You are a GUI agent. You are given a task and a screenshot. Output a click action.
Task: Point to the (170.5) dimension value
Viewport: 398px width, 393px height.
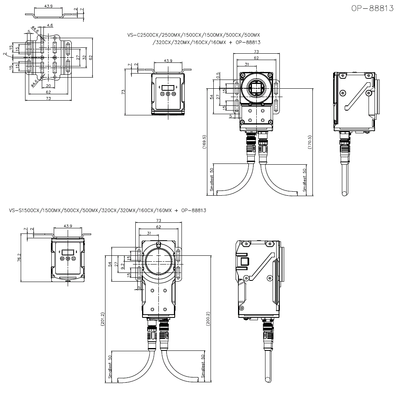[x=310, y=141]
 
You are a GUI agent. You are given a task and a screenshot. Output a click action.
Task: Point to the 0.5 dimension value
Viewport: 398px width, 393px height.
[x=218, y=76]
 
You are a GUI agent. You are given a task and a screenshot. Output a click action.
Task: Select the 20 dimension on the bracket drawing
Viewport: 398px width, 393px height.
[x=48, y=86]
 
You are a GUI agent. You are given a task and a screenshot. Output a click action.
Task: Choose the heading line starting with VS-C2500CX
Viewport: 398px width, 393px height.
[x=194, y=35]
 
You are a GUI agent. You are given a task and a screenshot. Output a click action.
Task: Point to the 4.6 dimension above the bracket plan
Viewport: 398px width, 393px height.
[x=50, y=25]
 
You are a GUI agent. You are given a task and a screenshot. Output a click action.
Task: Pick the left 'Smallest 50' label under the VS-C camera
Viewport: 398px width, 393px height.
[x=212, y=183]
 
